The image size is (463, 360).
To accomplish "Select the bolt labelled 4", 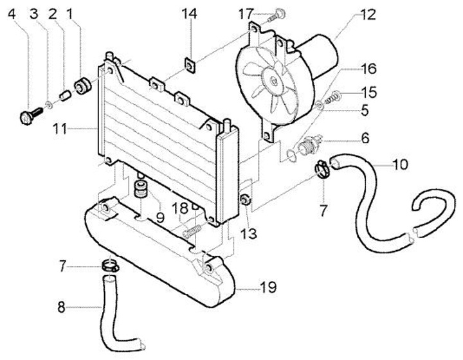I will click(x=28, y=117).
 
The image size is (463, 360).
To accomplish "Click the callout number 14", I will click(x=190, y=14).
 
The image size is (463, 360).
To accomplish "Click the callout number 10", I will click(x=399, y=165).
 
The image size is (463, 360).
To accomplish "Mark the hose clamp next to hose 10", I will click(x=323, y=170).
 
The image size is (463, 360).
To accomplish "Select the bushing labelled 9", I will click(x=140, y=190).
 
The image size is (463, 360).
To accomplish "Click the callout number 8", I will click(x=61, y=307).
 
